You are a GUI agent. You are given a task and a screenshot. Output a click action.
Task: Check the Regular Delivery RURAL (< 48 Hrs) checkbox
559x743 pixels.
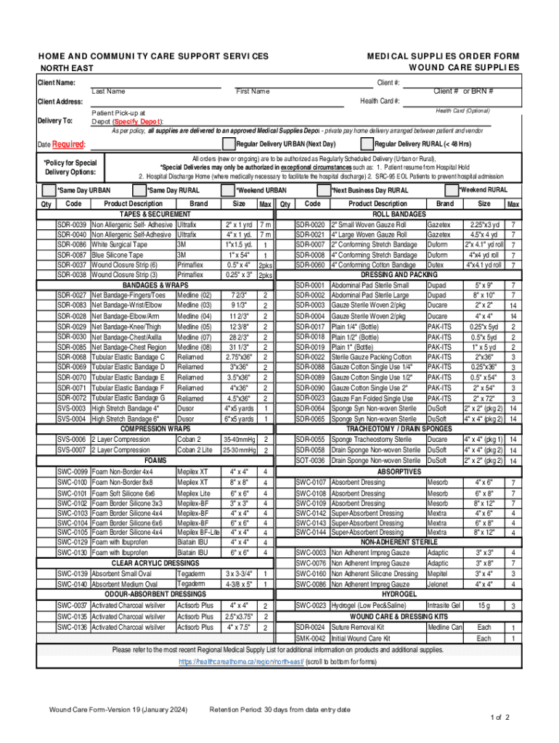(x=368, y=144)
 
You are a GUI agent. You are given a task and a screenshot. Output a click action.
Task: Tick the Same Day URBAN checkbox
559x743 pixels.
(x=49, y=190)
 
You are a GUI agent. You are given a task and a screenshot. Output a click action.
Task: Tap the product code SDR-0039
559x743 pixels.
(x=73, y=225)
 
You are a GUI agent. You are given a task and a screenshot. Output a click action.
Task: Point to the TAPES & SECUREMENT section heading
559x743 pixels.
(x=140, y=215)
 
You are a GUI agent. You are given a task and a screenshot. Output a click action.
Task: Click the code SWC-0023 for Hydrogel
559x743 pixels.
(x=311, y=605)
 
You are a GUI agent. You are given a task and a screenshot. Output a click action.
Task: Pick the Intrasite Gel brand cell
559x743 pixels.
(x=444, y=605)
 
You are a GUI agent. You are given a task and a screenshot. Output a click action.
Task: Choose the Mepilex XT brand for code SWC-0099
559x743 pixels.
(x=192, y=471)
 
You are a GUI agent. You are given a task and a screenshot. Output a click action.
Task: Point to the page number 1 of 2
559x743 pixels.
(x=500, y=718)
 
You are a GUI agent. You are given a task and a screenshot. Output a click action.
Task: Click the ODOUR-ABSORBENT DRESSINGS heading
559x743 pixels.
(x=158, y=594)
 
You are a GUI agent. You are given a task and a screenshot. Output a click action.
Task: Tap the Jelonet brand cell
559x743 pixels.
(x=438, y=583)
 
